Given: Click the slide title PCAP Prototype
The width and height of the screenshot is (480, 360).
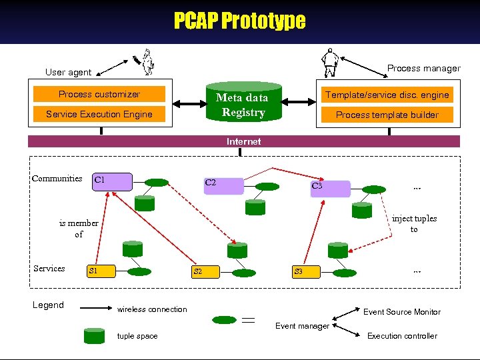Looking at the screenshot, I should (x=239, y=21).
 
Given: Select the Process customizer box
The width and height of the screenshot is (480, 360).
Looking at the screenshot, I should (x=99, y=95).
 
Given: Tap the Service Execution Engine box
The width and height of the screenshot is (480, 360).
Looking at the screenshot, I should (x=99, y=114).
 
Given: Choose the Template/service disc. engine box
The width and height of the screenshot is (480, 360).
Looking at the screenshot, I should (x=387, y=95).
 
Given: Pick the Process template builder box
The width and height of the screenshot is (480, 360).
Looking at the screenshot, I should (x=387, y=115).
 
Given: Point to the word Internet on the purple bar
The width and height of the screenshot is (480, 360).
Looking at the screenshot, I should (x=243, y=141).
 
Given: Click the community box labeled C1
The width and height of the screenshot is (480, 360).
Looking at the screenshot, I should (x=112, y=182).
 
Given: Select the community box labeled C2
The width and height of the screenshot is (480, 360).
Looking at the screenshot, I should (x=223, y=185).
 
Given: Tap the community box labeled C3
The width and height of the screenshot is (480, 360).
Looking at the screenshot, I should (x=330, y=188).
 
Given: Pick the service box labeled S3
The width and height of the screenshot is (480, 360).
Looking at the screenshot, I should (x=306, y=272).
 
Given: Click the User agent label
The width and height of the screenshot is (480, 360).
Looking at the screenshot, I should (x=68, y=72).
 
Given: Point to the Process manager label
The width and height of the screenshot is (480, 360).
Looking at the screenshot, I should (x=423, y=68).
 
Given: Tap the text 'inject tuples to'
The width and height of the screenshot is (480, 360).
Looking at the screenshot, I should (x=414, y=224).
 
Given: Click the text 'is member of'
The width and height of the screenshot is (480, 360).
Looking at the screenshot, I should (x=79, y=229).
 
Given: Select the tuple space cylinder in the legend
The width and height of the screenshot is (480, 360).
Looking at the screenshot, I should (x=95, y=336).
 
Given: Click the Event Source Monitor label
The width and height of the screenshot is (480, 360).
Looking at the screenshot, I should (x=401, y=312).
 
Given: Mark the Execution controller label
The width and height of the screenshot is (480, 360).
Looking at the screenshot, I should (x=402, y=336).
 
